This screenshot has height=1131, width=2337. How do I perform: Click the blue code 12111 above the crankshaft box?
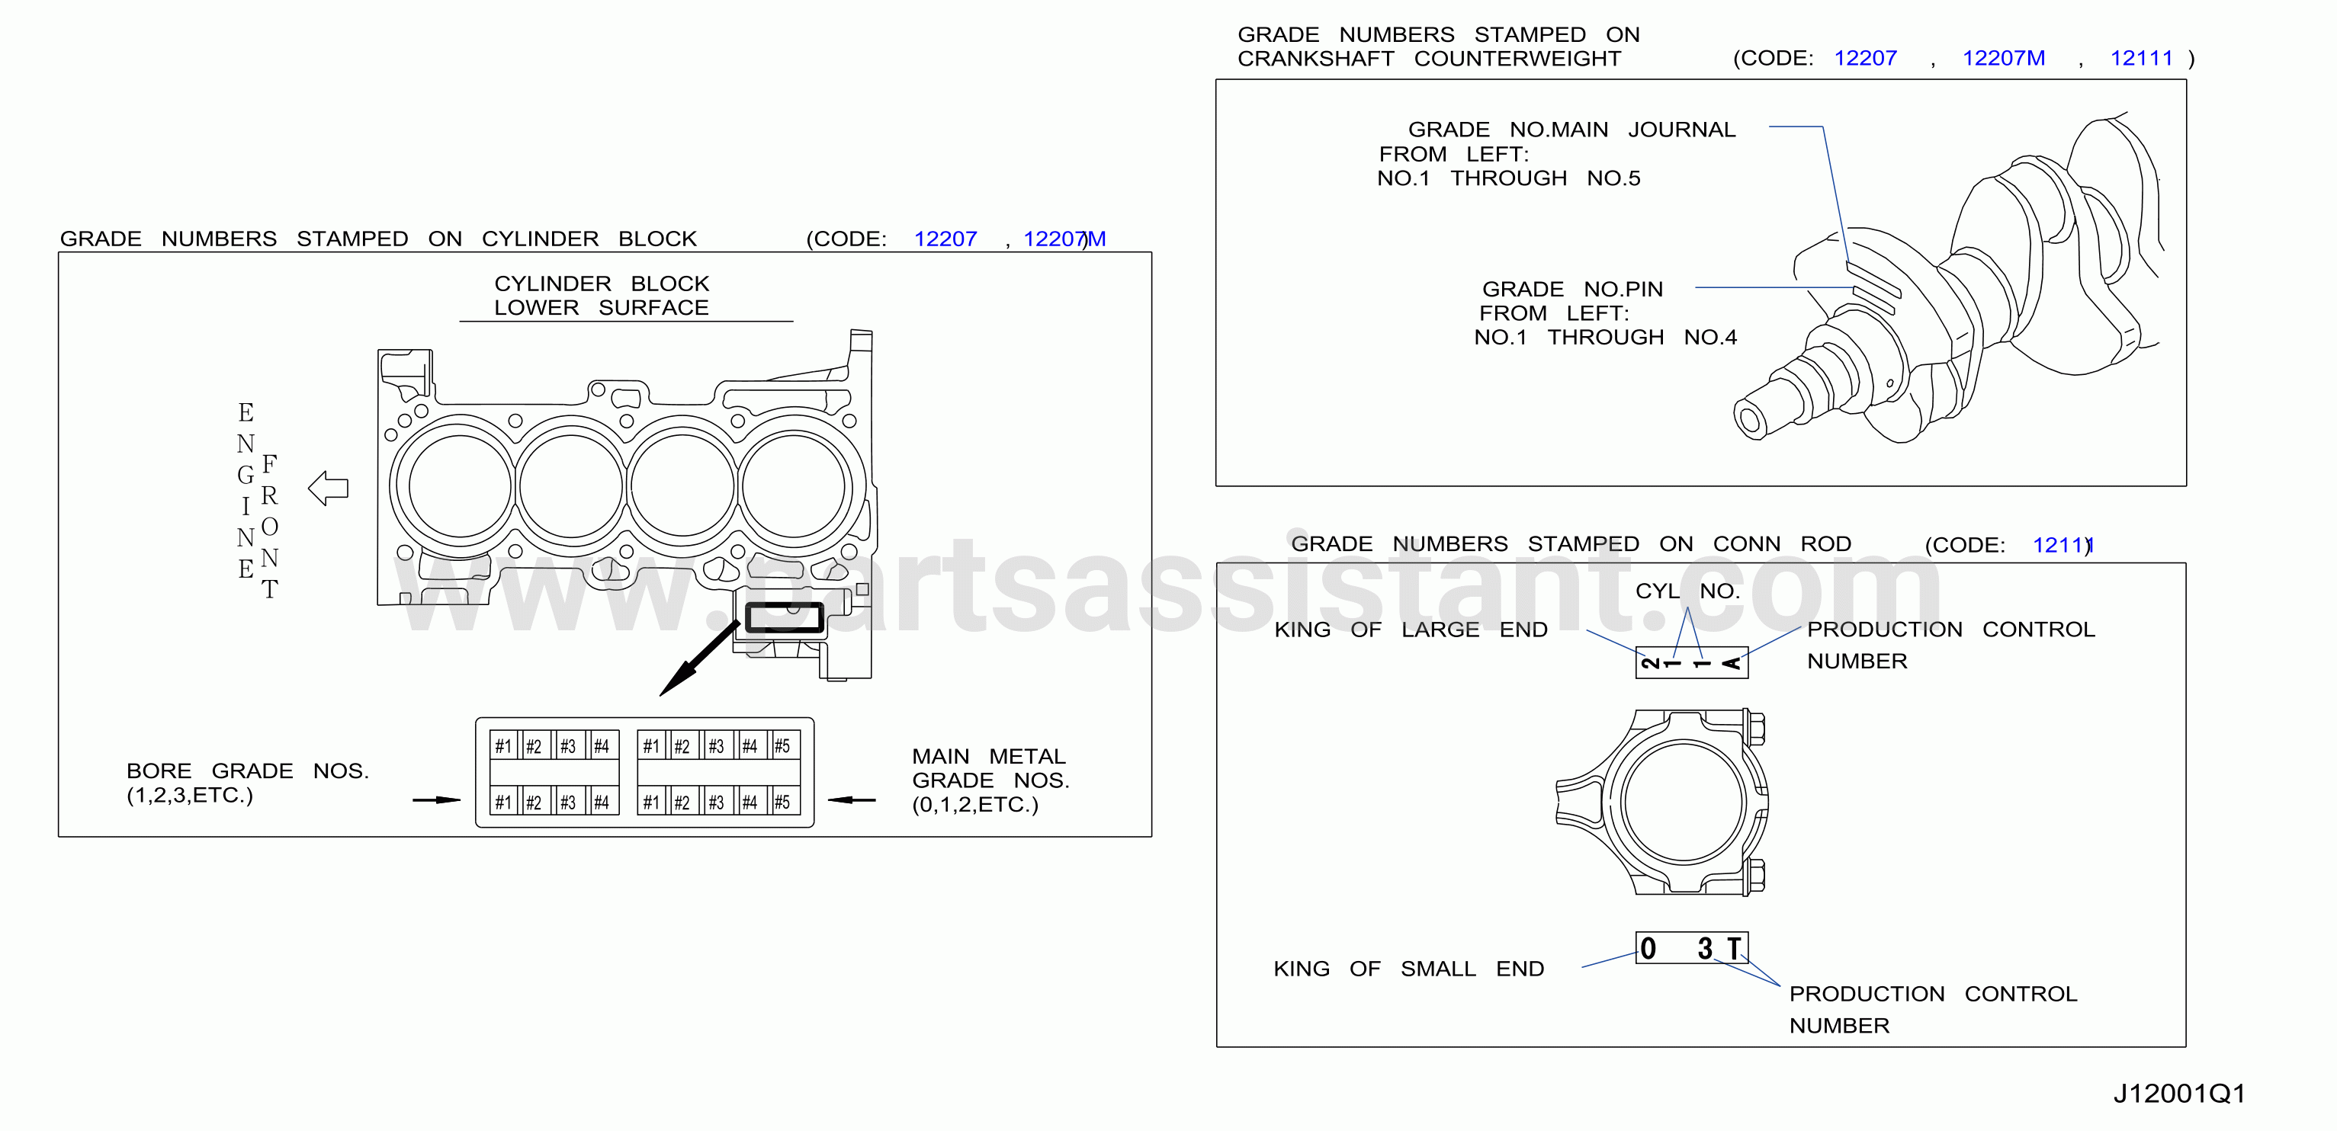(x=2141, y=58)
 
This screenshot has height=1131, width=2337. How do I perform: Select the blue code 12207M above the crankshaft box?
(x=2003, y=58)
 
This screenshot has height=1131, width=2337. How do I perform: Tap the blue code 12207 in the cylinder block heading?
(x=945, y=239)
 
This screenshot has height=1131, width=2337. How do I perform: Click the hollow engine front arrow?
(x=329, y=488)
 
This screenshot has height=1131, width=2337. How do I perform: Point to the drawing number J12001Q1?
(x=2179, y=1093)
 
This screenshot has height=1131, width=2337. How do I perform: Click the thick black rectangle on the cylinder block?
(x=785, y=617)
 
